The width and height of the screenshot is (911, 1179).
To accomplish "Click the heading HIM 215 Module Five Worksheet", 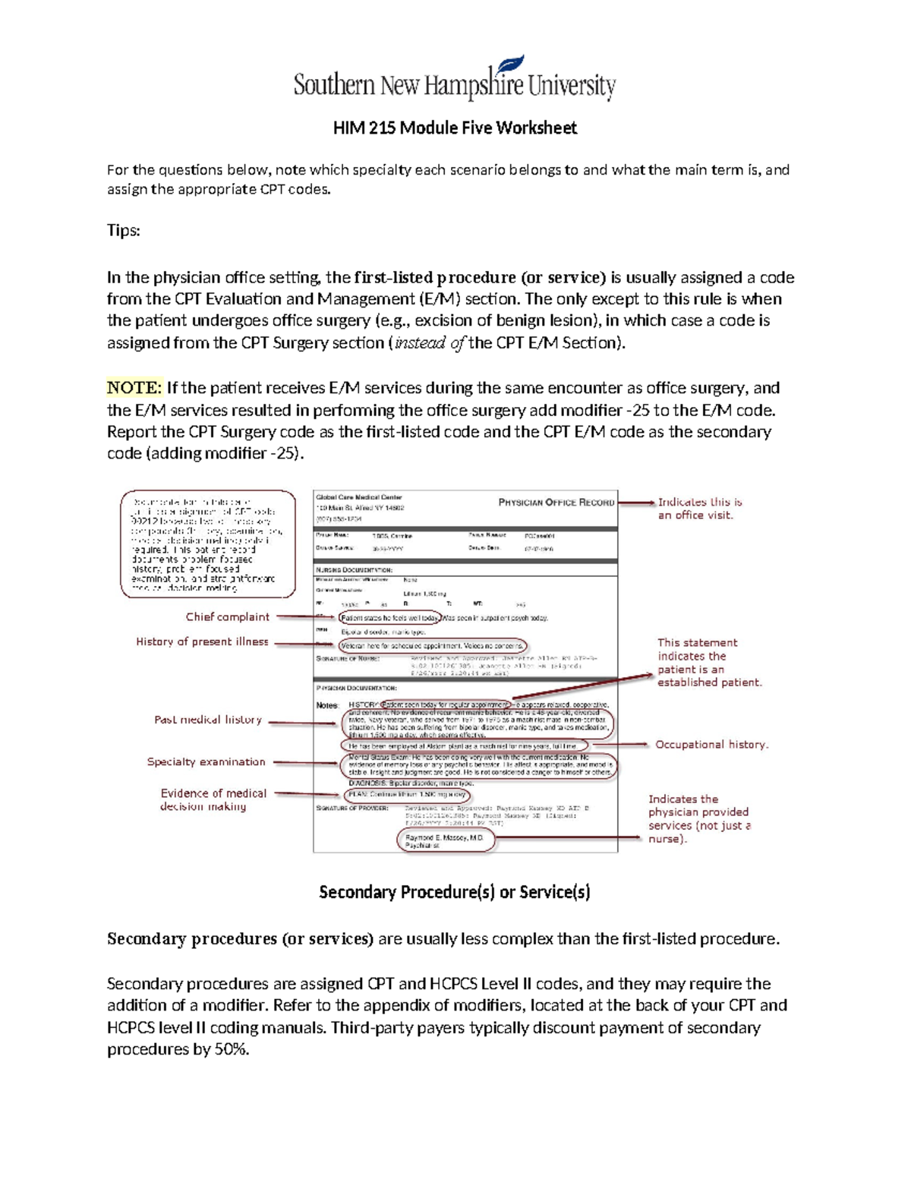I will click(455, 128).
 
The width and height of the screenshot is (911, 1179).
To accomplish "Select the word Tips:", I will click(123, 230).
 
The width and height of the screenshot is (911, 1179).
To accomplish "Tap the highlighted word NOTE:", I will click(134, 388).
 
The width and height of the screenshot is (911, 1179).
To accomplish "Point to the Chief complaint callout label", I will click(228, 616).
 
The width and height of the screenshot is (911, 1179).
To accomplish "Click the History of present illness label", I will click(202, 642).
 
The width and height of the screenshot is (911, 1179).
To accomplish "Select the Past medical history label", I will click(208, 720).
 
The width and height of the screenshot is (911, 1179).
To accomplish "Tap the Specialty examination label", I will click(206, 761).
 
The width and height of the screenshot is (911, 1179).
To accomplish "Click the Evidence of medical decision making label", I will click(213, 799).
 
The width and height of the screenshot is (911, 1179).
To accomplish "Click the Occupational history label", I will click(711, 745).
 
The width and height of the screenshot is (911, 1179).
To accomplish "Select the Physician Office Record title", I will click(556, 502).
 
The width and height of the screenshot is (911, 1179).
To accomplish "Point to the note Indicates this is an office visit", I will click(699, 508).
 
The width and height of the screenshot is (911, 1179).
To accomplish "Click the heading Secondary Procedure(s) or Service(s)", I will click(455, 892).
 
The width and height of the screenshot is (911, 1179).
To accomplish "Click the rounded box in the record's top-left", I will click(207, 544).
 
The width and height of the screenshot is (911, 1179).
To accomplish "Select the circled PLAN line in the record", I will click(408, 794).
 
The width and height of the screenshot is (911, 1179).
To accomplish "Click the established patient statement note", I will click(709, 662).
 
